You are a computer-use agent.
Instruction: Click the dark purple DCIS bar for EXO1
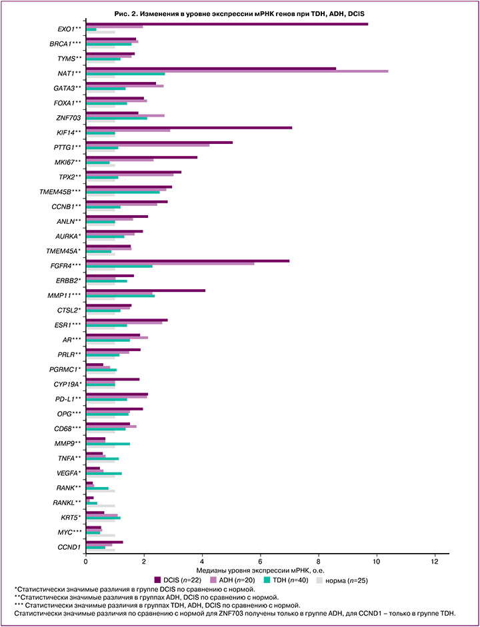(227, 25)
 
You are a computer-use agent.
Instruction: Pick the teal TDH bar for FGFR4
(119, 267)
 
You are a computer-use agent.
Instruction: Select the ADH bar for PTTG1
(147, 145)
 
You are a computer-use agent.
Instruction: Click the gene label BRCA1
(66, 43)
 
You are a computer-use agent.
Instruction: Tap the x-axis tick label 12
(435, 561)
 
